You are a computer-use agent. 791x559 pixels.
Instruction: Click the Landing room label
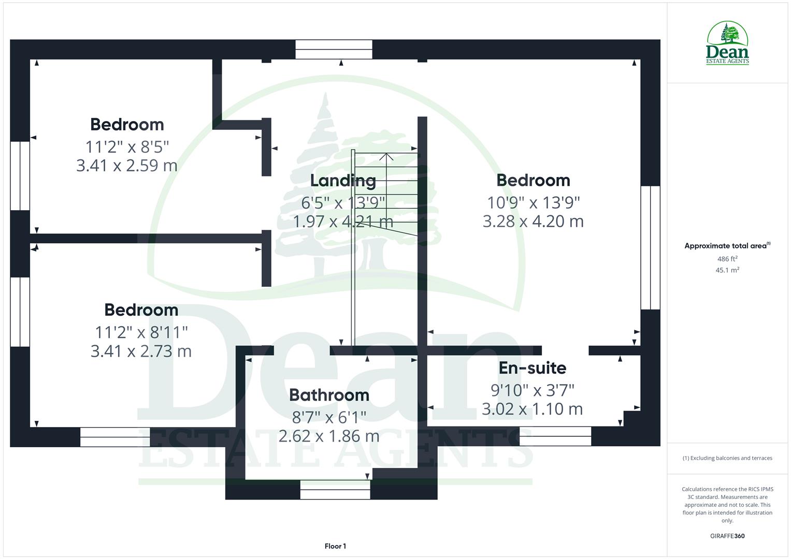(343, 181)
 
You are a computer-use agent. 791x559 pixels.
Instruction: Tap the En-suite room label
(532, 368)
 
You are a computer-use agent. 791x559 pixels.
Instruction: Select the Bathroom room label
(329, 395)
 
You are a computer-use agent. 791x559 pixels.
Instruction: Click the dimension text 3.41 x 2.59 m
(127, 166)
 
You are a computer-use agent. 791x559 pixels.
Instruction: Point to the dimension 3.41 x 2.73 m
(141, 351)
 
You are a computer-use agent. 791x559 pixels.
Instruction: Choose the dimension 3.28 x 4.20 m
(533, 221)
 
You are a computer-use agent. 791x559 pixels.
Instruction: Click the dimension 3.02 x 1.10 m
(532, 409)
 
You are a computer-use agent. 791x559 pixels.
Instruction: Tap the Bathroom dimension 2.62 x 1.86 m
(329, 436)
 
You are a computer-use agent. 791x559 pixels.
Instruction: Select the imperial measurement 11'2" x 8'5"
(127, 147)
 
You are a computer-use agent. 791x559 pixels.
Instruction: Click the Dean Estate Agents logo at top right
(727, 43)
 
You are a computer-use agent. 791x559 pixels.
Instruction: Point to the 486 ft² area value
(727, 259)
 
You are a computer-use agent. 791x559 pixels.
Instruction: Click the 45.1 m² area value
(727, 270)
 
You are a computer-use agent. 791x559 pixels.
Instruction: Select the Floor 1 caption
(335, 546)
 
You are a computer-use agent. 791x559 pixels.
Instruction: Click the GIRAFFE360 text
(727, 536)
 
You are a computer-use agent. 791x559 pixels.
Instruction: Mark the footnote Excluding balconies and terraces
(727, 458)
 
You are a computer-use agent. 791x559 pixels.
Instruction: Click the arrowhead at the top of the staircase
(386, 155)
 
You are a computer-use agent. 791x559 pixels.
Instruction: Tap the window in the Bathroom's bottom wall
(335, 489)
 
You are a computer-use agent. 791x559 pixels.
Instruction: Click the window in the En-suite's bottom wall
(555, 436)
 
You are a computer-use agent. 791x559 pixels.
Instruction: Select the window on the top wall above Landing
(334, 50)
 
